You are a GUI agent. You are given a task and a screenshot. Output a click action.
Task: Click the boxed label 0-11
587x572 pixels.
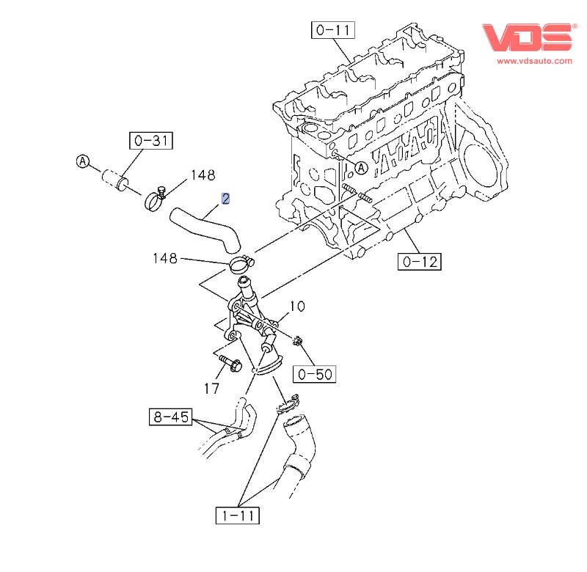[333, 30]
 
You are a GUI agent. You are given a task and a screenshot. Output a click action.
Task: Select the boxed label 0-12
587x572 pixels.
[420, 260]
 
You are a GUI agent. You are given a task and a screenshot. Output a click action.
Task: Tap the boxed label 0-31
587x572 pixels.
[150, 139]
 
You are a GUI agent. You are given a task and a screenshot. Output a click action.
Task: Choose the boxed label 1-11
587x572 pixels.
[238, 516]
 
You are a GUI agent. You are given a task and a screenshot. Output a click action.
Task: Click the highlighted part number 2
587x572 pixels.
[226, 198]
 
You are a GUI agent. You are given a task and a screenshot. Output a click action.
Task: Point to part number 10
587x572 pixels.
[296, 307]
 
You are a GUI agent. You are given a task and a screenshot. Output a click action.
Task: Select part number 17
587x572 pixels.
[212, 389]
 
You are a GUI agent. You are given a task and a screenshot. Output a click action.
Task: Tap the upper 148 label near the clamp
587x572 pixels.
[203, 175]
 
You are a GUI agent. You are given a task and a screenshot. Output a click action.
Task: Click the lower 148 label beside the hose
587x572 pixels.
[165, 258]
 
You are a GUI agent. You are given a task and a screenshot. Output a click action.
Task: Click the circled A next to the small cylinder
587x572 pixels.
[83, 162]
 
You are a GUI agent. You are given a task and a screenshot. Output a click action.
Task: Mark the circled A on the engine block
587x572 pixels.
[360, 168]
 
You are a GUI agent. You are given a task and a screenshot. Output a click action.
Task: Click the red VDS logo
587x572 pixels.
[526, 37]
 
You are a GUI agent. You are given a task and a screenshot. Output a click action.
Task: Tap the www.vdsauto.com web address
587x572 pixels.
[534, 62]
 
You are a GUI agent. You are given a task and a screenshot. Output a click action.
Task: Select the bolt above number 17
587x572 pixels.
[230, 362]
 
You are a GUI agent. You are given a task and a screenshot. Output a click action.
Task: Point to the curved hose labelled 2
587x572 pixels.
[205, 227]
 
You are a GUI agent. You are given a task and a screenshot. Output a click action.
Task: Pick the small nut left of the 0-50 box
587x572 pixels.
[298, 340]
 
